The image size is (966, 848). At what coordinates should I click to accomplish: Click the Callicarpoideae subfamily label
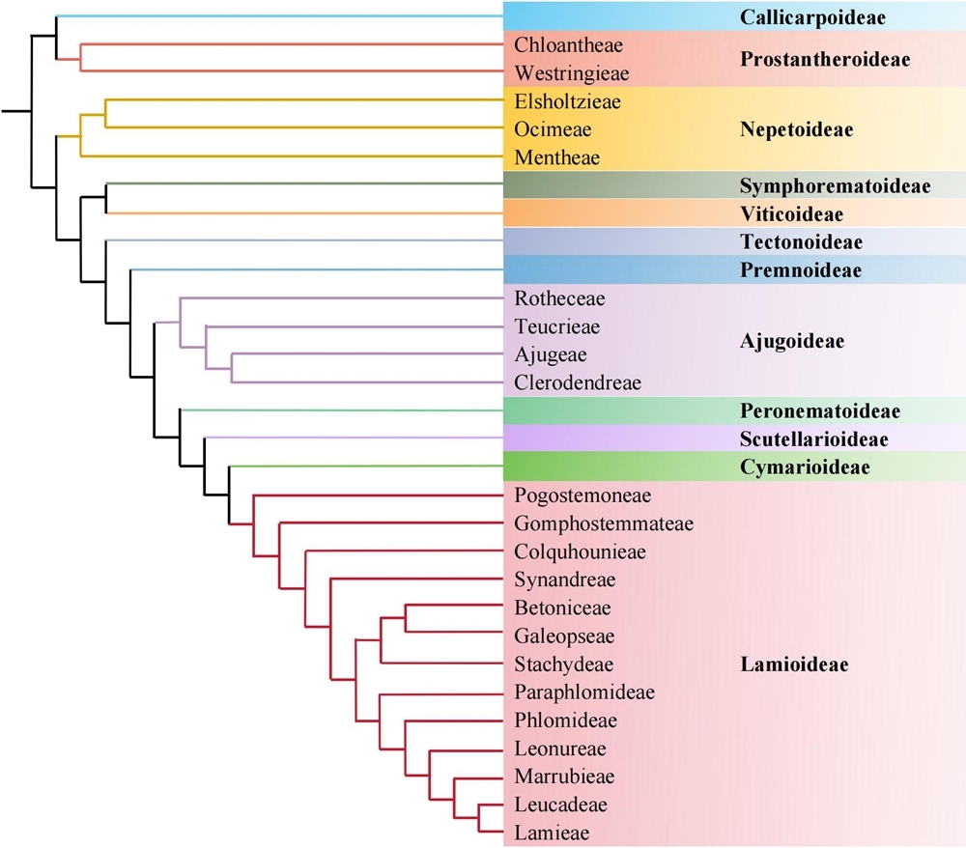tap(813, 17)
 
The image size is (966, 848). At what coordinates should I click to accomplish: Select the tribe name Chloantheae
tap(569, 45)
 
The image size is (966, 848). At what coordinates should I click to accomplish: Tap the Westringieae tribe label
tap(572, 73)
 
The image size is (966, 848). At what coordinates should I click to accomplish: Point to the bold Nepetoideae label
tap(796, 129)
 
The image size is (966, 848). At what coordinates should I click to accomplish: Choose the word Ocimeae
tap(553, 129)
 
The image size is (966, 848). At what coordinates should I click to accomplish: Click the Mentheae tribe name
tap(557, 157)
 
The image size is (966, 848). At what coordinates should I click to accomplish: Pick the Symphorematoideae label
tap(835, 185)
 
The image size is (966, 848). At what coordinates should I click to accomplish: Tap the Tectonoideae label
tap(801, 241)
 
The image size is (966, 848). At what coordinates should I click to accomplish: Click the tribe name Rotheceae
tap(558, 298)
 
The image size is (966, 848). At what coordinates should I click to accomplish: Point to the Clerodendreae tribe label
tap(578, 382)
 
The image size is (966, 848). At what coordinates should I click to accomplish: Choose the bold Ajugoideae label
tap(792, 341)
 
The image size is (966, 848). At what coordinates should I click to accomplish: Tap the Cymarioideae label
tap(805, 467)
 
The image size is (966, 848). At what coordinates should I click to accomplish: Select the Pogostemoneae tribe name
tap(583, 495)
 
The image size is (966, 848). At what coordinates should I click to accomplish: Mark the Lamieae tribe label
tap(552, 833)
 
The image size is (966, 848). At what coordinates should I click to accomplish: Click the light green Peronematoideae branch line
tap(338, 410)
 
